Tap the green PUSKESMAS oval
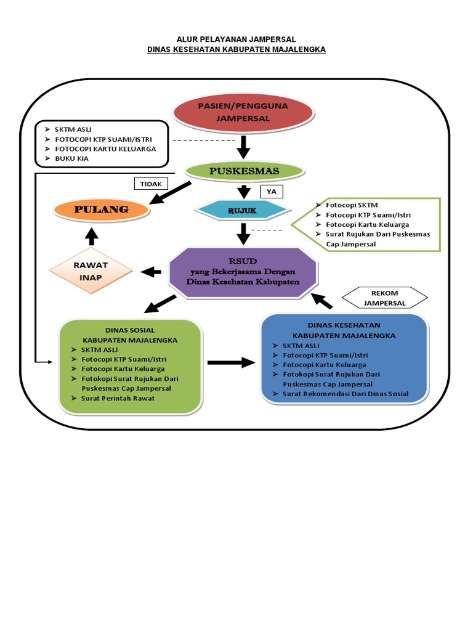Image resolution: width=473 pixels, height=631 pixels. pos(245,171)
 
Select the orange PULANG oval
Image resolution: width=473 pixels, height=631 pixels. pos(101,210)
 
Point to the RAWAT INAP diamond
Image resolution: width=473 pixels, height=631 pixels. pos(91,271)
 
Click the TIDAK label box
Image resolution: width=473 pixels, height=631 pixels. pos(150,184)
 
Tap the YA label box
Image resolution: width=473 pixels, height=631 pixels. pos(271,192)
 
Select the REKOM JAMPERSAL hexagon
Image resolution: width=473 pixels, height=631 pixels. pos(384,298)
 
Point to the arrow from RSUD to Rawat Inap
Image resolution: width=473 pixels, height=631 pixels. pos(151,271)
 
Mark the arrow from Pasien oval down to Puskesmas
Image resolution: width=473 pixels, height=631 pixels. pos(243,147)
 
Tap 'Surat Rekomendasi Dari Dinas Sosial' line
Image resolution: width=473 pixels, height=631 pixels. pos(345,394)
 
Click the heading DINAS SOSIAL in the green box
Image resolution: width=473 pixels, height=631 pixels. pos(130,330)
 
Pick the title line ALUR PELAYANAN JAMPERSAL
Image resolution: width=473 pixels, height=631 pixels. pos(236,39)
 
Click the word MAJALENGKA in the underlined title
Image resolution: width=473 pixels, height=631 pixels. pos(297,49)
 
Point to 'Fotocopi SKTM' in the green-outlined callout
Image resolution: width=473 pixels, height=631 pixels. pos(351,205)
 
